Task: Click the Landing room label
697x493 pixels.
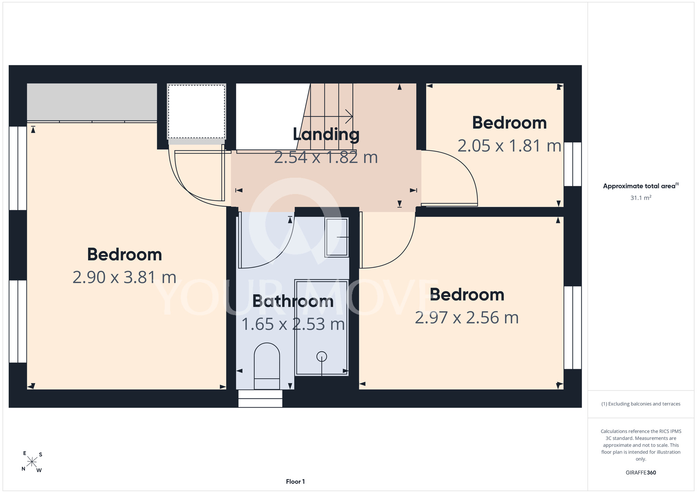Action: coord(326,135)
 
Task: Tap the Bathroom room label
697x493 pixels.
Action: coord(293,301)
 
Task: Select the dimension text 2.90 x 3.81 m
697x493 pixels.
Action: coord(124,278)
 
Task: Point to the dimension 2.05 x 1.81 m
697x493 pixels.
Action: coord(509,146)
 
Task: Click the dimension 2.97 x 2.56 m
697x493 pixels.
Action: coord(467,318)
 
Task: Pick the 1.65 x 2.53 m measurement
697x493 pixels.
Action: coord(293,325)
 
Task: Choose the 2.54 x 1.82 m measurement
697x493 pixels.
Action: coord(326,158)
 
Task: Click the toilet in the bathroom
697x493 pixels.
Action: coord(267,366)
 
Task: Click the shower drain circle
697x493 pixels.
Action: coord(322,357)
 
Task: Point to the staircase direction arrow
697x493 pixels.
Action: coord(328,116)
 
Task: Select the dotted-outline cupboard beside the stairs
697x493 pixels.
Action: coord(197,112)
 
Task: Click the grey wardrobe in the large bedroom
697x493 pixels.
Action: coord(92,102)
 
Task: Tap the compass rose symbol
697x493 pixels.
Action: coord(32,462)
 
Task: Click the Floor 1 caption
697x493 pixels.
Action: coord(296,481)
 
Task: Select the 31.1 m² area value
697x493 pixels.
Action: coord(641,198)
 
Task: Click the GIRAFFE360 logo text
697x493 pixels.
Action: coord(641,473)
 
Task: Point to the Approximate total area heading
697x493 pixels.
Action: coord(641,186)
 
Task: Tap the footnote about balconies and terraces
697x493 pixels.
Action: coord(641,404)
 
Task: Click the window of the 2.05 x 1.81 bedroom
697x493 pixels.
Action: coord(573,164)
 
